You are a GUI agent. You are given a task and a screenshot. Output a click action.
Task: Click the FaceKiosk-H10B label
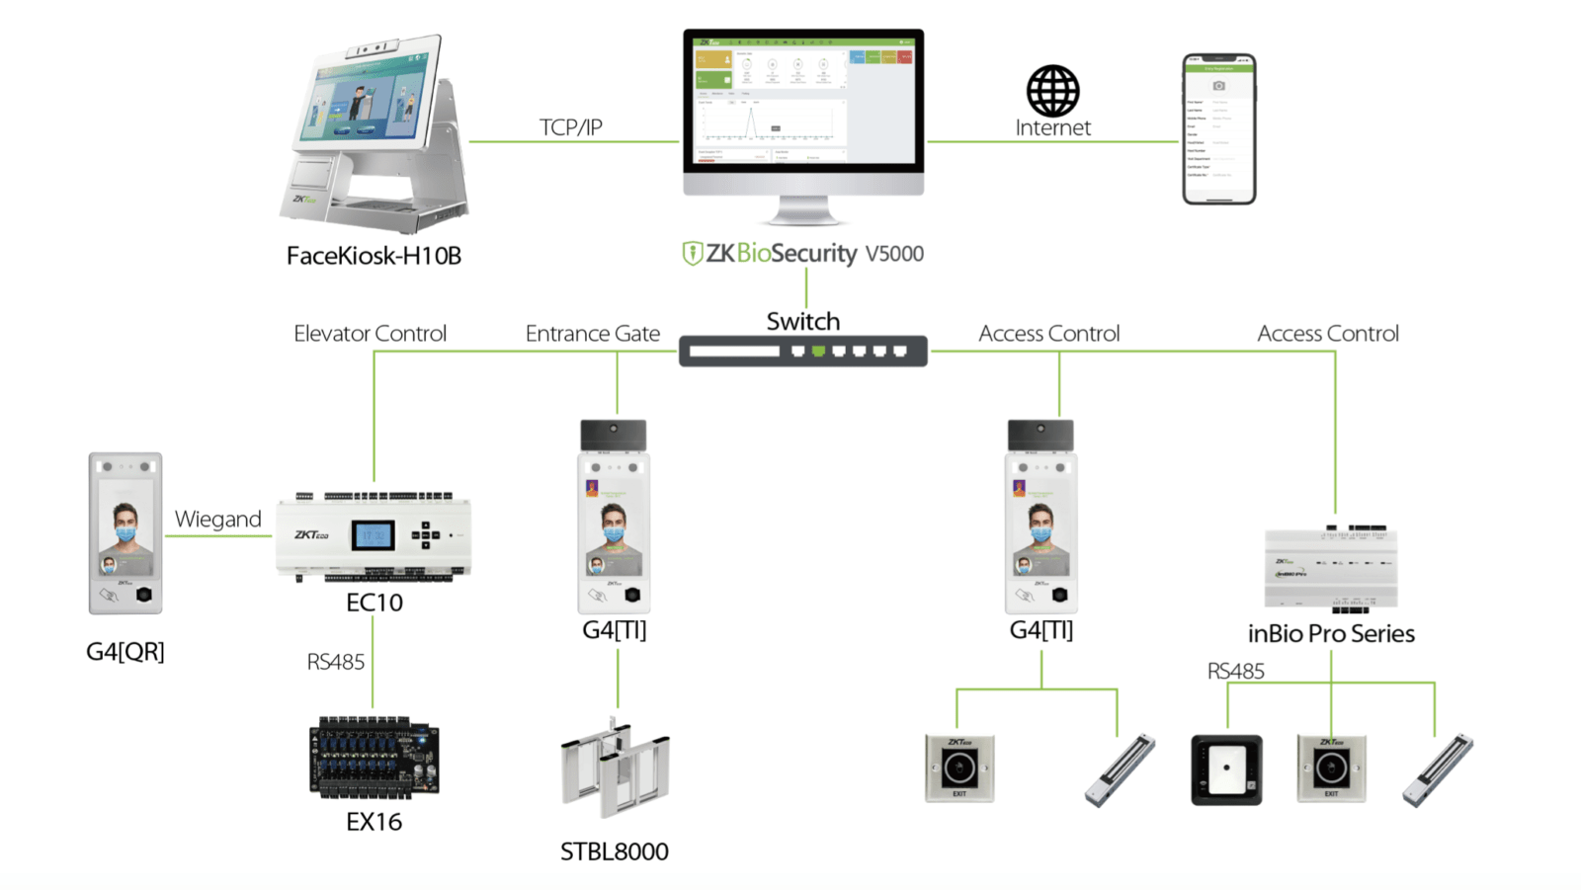(374, 256)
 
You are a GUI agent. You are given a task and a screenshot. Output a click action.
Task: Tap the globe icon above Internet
(1052, 91)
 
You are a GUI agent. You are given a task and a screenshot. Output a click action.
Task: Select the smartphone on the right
(1218, 129)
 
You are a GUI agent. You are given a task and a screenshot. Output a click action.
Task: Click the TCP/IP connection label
(570, 127)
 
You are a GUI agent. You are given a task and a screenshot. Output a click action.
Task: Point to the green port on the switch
(818, 351)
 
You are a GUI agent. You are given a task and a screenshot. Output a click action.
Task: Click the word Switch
(802, 321)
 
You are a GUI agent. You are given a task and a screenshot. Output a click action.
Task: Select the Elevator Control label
(370, 334)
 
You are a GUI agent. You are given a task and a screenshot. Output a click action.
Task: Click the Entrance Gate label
(592, 334)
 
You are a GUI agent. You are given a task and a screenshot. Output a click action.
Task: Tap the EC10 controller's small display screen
(374, 535)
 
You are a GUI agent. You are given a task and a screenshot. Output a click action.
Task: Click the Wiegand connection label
(217, 520)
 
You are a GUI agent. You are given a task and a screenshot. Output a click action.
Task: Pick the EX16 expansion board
(374, 757)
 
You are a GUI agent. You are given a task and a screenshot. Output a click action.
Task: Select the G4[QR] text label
(125, 652)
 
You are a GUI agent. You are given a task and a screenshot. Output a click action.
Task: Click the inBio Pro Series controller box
(1331, 569)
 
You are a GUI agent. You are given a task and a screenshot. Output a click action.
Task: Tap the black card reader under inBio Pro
(1226, 769)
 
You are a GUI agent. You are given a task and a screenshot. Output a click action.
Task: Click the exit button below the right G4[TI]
(958, 768)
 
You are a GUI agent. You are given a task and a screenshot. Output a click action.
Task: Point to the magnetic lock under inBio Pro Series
(1437, 769)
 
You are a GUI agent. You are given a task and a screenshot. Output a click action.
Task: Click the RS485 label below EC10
(335, 662)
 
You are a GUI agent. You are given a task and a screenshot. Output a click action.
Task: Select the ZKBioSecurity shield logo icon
(692, 254)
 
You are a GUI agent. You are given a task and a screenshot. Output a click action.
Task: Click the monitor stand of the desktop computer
(802, 210)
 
